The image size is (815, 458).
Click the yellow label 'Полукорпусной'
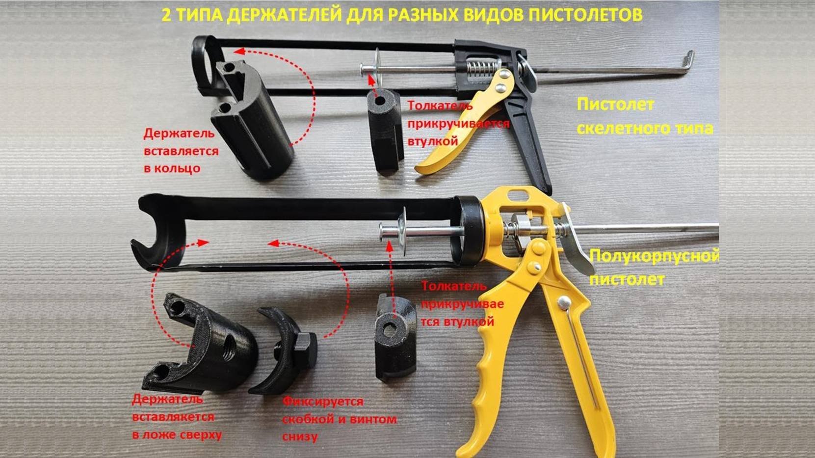pyautogui.click(x=654, y=256)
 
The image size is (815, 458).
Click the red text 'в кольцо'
pyautogui.click(x=172, y=168)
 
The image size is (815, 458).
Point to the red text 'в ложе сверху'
pyautogui.click(x=177, y=435)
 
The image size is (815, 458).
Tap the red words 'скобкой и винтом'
pyautogui.click(x=340, y=419)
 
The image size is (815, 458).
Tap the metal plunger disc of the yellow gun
pyautogui.click(x=402, y=232)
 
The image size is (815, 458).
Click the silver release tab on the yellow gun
pyautogui.click(x=575, y=240)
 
